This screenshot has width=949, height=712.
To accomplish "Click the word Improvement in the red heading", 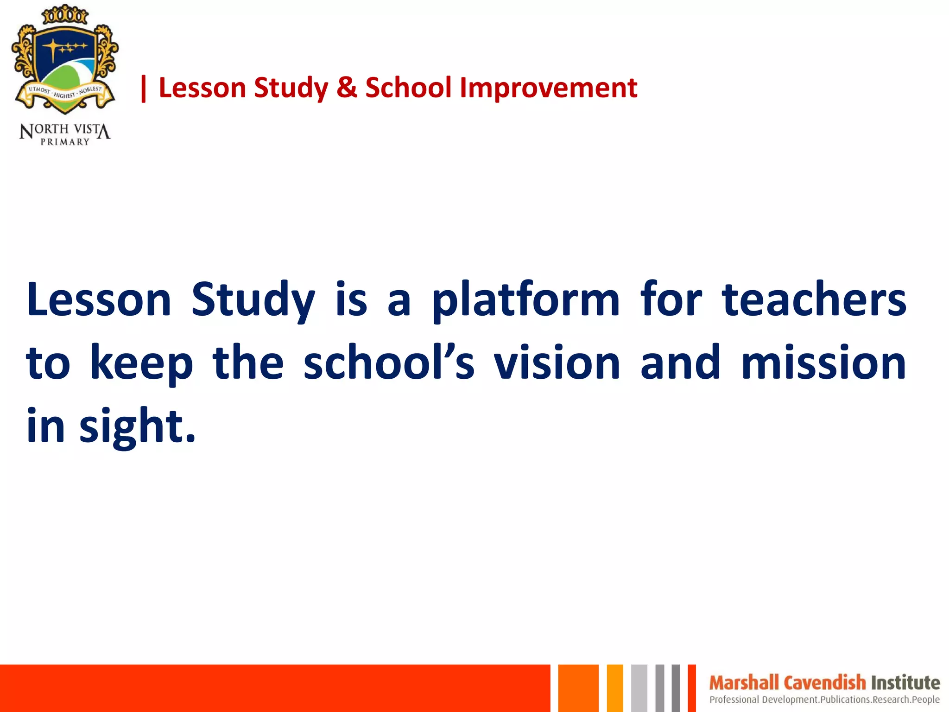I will click(548, 88).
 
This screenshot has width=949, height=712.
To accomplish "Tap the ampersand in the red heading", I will click(347, 88).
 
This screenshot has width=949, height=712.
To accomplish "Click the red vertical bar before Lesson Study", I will click(144, 89).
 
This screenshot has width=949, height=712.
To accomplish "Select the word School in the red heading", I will click(408, 88).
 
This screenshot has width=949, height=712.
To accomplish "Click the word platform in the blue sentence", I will click(525, 300).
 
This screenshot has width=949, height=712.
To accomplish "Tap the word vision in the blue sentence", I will click(556, 363).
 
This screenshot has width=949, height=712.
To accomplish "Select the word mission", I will click(823, 363).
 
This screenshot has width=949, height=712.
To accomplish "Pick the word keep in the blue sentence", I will click(141, 364).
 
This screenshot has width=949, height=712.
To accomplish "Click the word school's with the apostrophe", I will click(389, 363).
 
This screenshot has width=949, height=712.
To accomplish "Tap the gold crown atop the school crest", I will click(65, 15).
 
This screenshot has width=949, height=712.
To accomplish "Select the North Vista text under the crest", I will click(65, 130).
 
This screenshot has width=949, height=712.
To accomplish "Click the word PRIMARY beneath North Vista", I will click(65, 142).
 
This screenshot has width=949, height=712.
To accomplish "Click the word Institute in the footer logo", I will click(905, 683).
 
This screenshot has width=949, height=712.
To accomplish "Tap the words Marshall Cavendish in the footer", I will click(787, 683).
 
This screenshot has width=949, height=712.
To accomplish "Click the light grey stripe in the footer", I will click(639, 688).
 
